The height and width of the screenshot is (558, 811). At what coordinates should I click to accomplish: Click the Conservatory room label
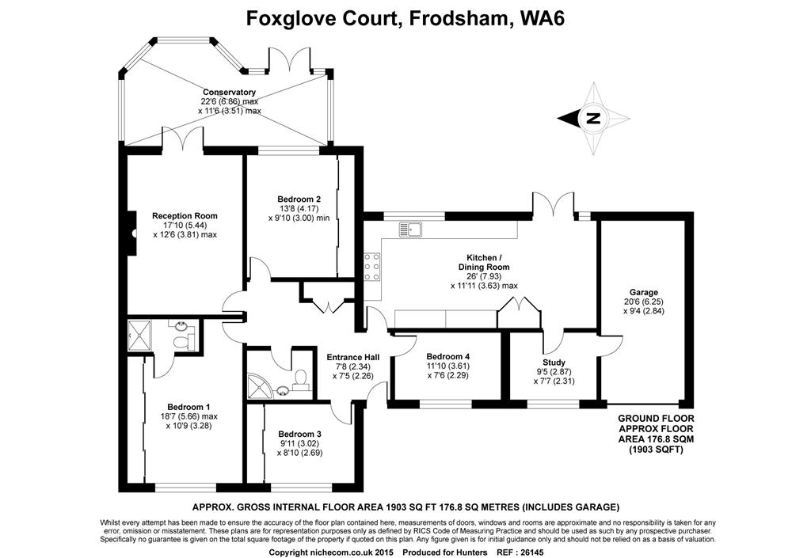229,92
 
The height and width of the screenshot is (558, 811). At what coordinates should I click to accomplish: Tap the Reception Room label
185,215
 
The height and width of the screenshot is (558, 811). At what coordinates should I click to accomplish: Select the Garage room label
644,292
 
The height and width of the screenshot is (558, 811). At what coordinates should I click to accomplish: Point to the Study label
553,362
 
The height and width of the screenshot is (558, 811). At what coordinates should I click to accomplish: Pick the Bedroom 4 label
448,356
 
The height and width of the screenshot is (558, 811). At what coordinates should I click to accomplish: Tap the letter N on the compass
592,120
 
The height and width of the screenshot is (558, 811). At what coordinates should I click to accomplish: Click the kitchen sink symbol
411,230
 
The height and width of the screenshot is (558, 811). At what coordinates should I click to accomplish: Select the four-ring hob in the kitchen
371,267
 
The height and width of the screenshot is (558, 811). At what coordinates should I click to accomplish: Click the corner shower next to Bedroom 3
261,384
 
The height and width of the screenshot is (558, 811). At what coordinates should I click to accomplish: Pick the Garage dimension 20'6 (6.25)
644,302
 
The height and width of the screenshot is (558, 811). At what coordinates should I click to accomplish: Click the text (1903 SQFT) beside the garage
656,450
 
